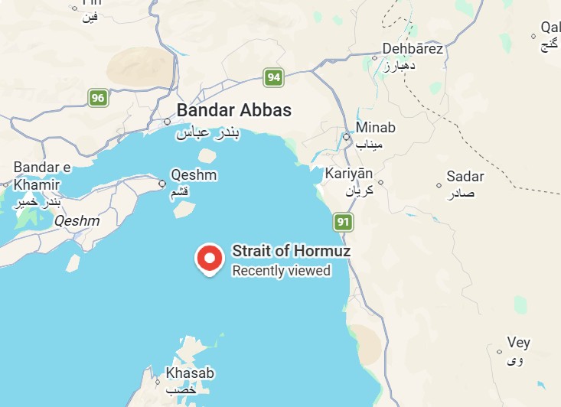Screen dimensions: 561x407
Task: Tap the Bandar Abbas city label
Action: click(x=233, y=110)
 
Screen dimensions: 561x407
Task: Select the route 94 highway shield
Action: click(x=273, y=77)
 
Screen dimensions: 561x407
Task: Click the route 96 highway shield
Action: click(x=97, y=98)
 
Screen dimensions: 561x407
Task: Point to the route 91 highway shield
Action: click(x=344, y=223)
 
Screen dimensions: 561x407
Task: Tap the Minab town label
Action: click(x=376, y=128)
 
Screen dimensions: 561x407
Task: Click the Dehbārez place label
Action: click(x=413, y=49)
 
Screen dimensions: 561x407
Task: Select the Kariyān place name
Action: click(x=348, y=174)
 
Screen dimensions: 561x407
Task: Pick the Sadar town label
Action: click(x=465, y=177)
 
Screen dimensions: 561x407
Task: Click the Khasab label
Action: click(x=190, y=374)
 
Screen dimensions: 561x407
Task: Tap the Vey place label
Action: click(x=518, y=343)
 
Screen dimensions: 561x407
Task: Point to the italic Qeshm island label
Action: click(x=77, y=221)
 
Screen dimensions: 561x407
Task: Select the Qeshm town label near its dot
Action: click(x=194, y=175)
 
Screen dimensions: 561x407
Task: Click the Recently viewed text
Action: click(x=281, y=271)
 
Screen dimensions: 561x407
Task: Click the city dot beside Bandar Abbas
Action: click(x=168, y=121)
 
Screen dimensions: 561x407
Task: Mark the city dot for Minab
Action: click(x=346, y=138)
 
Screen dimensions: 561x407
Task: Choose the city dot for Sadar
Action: click(x=439, y=185)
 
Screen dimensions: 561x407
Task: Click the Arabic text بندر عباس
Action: click(x=208, y=133)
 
